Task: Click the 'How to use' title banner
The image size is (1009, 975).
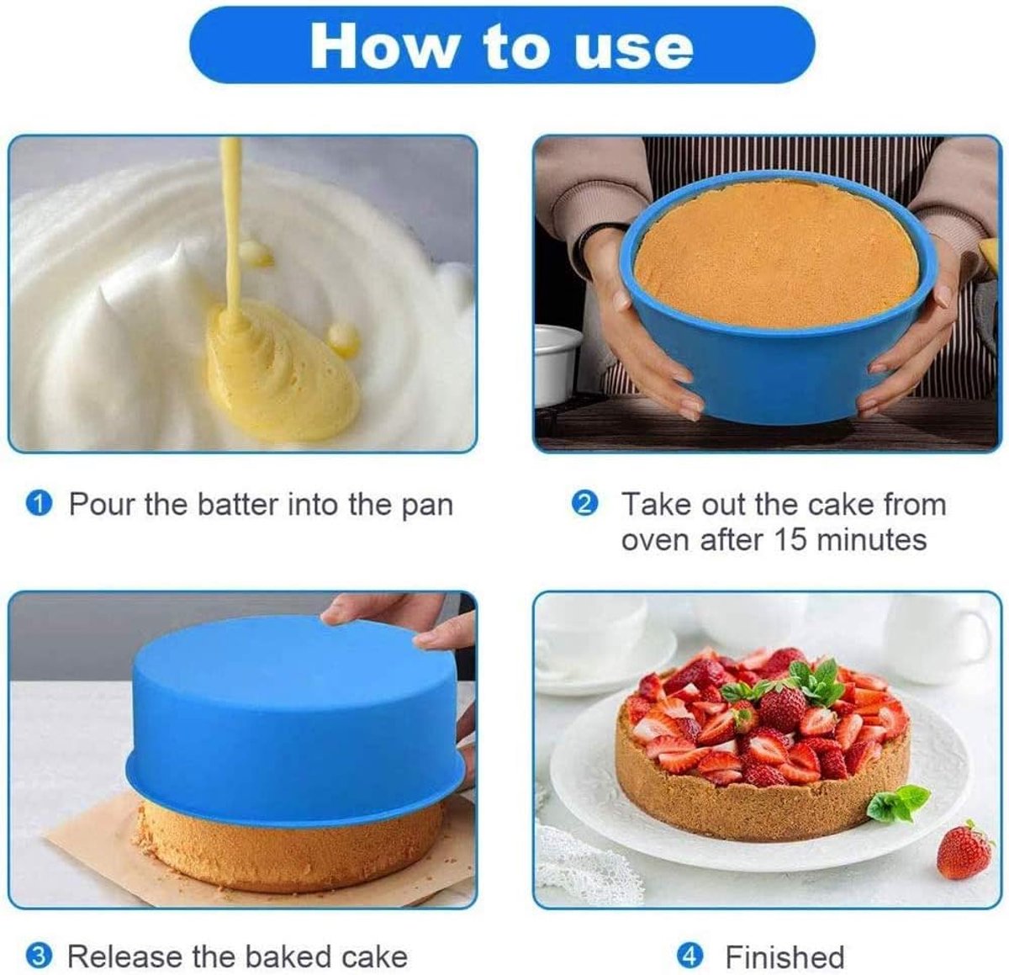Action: pos(502,45)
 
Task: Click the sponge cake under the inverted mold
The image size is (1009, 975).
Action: pos(290,845)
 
